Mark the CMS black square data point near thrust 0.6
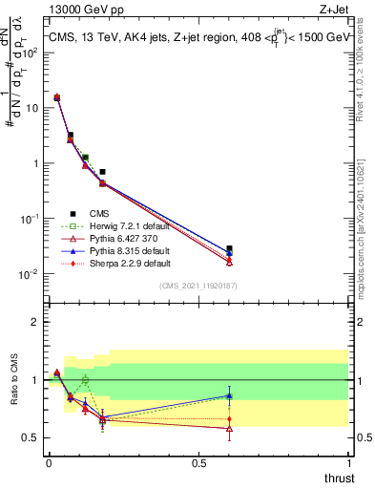229,248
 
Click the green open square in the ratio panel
86,380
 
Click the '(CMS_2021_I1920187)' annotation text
198,287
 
